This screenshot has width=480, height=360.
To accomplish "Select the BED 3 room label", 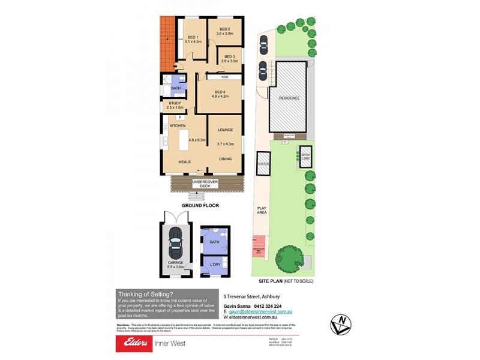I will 230,56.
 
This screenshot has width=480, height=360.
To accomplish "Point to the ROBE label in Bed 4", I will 224,77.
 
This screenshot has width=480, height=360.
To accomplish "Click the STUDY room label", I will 175,103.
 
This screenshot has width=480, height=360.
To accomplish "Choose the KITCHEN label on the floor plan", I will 178,125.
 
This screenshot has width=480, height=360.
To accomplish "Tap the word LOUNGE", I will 225,130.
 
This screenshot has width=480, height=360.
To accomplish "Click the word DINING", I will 225,158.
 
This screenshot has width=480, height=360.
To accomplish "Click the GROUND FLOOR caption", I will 200,205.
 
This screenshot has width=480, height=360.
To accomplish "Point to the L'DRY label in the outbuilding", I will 214,263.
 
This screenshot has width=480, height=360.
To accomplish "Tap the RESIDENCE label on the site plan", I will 289,98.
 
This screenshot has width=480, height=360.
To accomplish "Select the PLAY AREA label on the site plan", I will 262,211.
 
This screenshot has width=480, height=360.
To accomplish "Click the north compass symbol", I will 341,325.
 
